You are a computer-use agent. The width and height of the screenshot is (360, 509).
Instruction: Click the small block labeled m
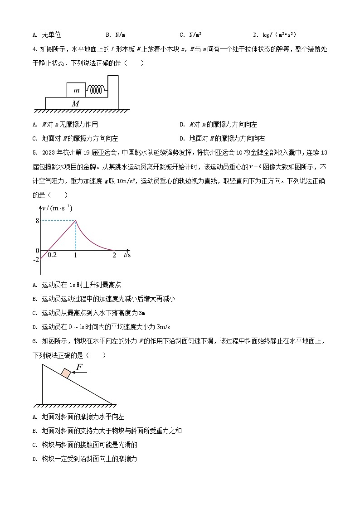point(77,90)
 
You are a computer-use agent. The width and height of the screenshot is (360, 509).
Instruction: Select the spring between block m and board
point(96,90)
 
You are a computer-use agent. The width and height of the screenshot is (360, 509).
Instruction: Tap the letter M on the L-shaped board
point(76,104)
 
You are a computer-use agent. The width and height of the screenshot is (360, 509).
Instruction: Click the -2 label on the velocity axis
point(37,259)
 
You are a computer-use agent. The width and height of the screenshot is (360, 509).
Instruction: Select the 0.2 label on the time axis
point(52,255)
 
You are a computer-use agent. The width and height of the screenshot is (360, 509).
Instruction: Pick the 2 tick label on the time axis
point(114,255)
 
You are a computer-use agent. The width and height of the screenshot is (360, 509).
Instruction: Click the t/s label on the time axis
point(127,255)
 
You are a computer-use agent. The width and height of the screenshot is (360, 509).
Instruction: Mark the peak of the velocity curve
point(76,220)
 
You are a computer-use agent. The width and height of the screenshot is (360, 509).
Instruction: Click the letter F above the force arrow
point(79,367)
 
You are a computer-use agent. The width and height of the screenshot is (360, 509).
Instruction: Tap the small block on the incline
point(66,373)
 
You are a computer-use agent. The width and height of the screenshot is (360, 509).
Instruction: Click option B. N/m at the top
point(115,35)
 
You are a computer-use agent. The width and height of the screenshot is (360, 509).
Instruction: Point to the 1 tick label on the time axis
point(75,255)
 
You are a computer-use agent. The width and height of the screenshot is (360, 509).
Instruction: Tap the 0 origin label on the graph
point(37,250)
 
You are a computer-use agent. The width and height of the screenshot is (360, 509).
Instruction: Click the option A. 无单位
point(47,35)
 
